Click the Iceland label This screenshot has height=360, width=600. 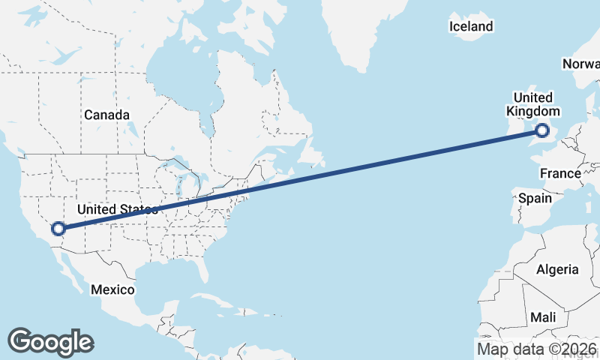pos(471,27)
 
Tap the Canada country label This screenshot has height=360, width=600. pos(106,115)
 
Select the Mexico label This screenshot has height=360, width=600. pos(112,289)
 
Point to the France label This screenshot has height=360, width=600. pos(560,173)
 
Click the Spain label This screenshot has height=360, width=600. pos(535,199)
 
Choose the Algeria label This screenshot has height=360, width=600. pos(557,269)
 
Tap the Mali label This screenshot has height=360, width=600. pos(543,317)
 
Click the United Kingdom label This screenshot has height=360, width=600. pos(532,104)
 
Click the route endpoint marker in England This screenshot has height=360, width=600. pos(543,133)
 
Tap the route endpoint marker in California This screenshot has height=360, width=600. pos(58,229)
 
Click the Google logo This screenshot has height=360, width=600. pos(50,341)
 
